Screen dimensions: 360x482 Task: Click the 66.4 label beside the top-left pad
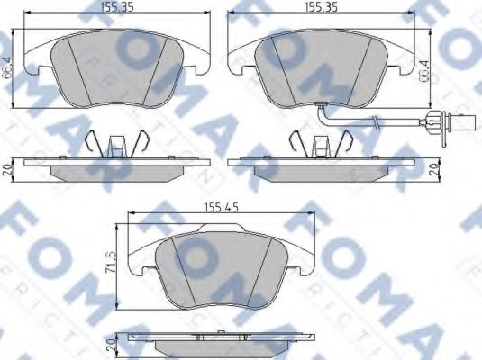(x=8, y=67)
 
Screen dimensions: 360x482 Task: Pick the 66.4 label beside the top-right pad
(x=423, y=67)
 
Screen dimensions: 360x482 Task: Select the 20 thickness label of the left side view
(x=7, y=169)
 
